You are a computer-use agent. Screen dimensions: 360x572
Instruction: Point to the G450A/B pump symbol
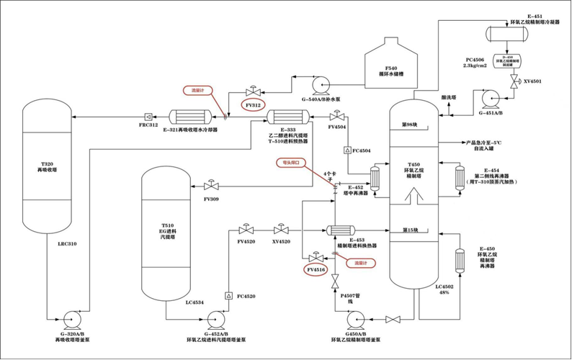point(357,319)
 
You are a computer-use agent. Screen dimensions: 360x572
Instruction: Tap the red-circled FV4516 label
point(316,270)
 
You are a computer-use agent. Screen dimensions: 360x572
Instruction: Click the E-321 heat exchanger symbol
point(190,115)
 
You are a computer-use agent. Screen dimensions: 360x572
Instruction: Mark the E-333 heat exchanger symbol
point(287,115)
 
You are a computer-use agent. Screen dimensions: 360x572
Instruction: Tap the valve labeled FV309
point(210,186)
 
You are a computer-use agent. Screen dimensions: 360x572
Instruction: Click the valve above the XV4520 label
point(281,230)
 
